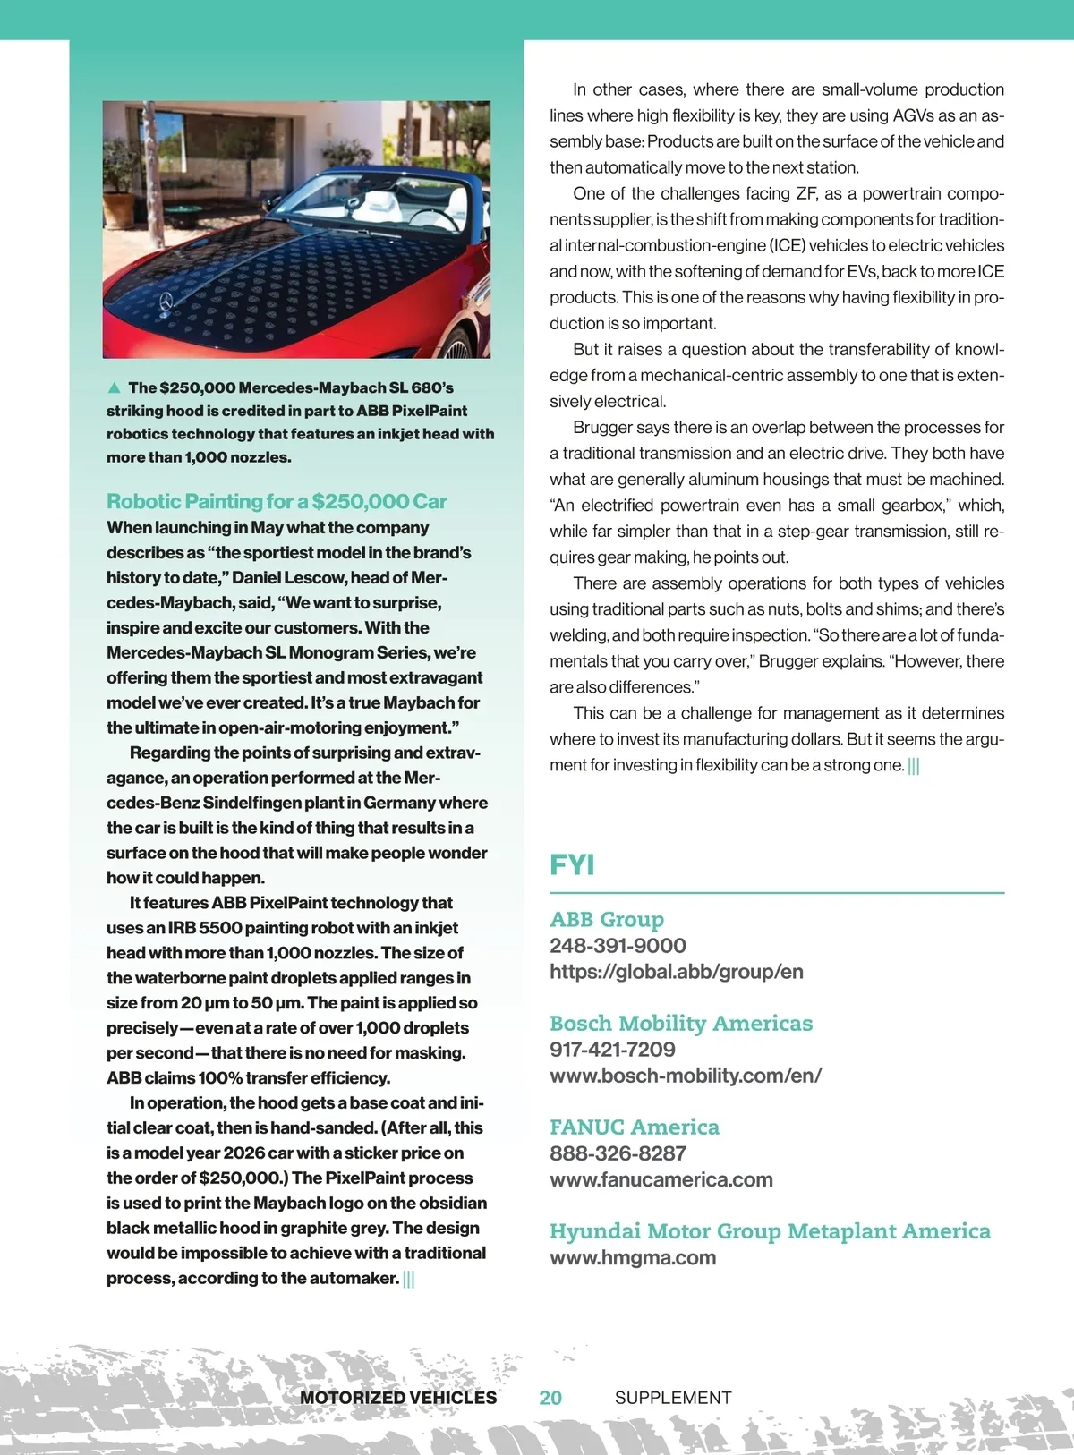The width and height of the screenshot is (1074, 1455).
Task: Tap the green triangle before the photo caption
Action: tap(114, 387)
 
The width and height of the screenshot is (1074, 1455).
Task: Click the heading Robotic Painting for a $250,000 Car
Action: tap(277, 501)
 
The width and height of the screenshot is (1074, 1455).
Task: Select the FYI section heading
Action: tap(572, 864)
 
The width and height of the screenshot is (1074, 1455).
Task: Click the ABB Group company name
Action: tap(607, 919)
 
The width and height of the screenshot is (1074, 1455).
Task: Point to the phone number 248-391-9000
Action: tap(618, 946)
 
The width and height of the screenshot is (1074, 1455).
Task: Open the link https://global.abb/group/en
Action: tap(677, 972)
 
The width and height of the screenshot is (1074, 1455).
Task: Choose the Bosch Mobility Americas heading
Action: tap(681, 1023)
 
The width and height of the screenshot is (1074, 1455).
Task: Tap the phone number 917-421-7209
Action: tap(612, 1050)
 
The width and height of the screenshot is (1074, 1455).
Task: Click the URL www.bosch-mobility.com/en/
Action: tap(686, 1076)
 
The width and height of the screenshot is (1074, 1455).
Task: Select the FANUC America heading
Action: tap(635, 1127)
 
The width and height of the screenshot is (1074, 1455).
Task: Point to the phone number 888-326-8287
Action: tap(618, 1153)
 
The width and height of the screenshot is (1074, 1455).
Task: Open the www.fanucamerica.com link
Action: tap(661, 1179)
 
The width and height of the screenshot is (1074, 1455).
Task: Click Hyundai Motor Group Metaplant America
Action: tap(770, 1231)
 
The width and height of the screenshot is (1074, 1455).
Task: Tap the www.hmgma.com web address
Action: tap(633, 1257)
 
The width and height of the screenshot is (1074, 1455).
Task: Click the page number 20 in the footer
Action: tap(550, 1398)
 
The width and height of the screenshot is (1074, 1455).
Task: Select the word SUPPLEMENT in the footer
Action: tap(673, 1398)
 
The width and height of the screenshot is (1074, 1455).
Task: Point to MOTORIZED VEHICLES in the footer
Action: tap(398, 1398)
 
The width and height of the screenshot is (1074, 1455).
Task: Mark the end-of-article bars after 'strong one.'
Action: tap(914, 766)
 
